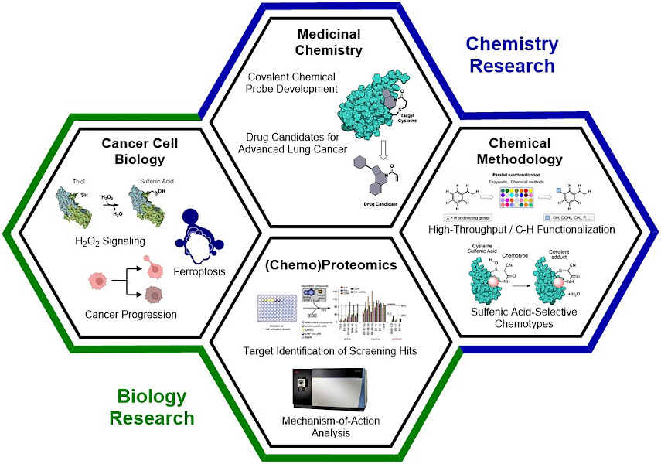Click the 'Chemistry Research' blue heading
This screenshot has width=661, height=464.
coord(512,54)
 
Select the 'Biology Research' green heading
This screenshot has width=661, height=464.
coord(152,408)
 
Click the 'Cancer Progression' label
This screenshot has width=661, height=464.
coord(130,314)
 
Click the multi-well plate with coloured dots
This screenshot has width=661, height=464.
coord(519,198)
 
